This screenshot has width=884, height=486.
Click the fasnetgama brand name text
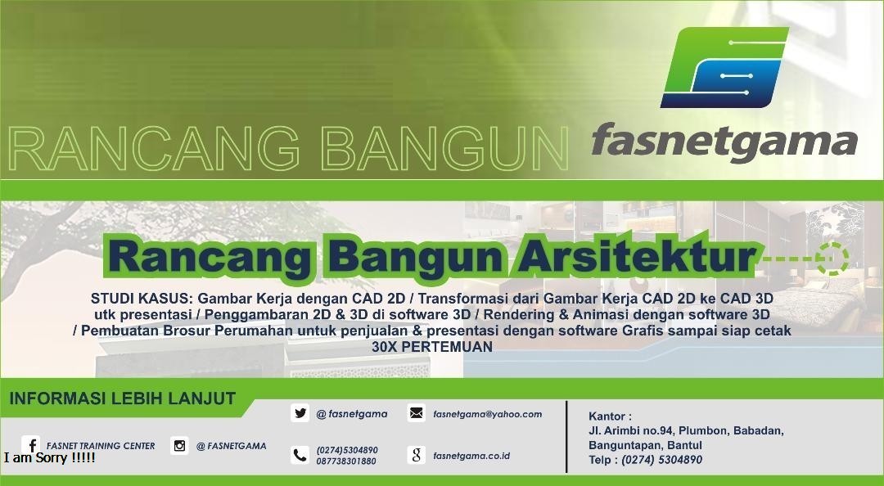724,140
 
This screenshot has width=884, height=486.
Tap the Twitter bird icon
300,413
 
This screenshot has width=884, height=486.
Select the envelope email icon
416,413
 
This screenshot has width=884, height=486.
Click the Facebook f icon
31,446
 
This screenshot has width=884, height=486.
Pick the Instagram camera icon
179,446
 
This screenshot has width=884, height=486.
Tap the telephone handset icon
300,455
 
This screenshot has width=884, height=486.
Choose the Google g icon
416,455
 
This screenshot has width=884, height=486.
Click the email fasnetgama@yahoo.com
487,414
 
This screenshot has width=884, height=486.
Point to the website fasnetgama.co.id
471,456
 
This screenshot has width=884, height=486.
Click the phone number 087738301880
346,461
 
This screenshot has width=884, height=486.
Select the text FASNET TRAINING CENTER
101,446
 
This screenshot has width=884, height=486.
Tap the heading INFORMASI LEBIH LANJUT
123,399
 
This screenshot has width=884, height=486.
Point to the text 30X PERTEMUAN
432,346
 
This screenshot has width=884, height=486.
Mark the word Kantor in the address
610,416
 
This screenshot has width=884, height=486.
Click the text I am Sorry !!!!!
49,458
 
